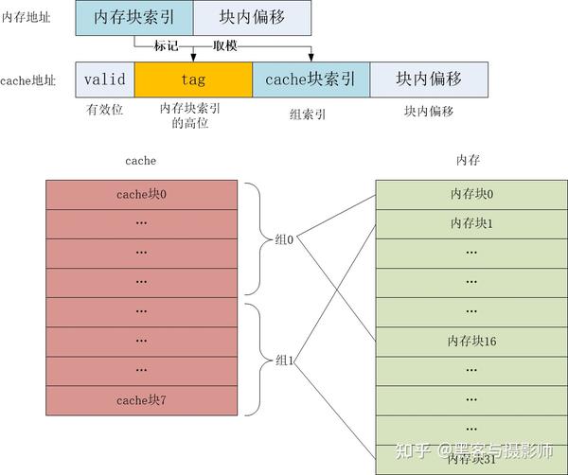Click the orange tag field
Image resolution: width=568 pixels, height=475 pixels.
tap(193, 80)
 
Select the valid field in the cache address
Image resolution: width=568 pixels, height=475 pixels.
tap(105, 80)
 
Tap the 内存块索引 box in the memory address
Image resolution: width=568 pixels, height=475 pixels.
tap(133, 18)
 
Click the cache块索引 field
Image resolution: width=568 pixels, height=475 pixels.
tap(311, 80)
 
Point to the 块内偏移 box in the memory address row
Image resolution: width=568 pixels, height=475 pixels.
tap(252, 18)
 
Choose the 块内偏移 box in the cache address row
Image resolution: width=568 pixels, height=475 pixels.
tap(428, 80)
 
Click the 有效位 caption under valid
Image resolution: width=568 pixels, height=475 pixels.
tap(104, 111)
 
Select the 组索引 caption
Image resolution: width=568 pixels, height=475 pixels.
tap(308, 113)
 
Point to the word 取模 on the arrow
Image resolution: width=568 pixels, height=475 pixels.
tap(224, 45)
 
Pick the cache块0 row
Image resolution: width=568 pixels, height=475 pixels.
tap(141, 194)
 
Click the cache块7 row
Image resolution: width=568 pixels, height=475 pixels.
tap(141, 400)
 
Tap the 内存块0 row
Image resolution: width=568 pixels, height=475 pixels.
tap(471, 194)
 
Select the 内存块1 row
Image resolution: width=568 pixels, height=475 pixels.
tap(471, 223)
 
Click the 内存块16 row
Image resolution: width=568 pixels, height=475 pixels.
tap(471, 341)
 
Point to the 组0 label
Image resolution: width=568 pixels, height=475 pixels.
tap(284, 239)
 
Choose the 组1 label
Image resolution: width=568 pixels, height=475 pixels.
tap(284, 361)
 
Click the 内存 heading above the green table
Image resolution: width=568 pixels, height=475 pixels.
tap(468, 161)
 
